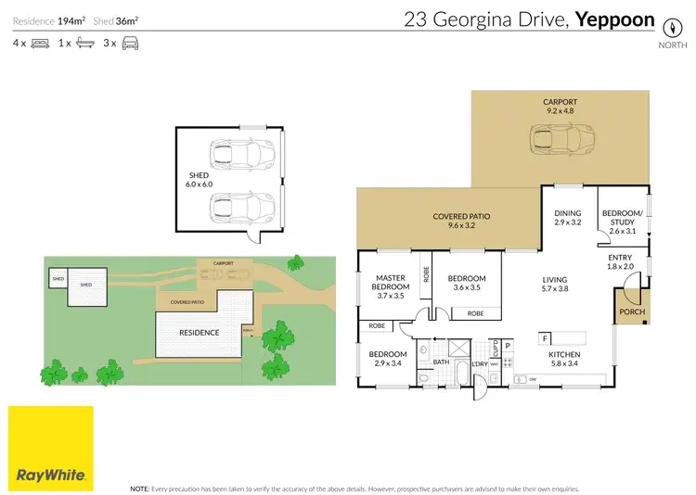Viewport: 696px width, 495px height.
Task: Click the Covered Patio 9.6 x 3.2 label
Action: pos(461,222)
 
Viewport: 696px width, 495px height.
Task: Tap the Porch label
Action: pos(631,312)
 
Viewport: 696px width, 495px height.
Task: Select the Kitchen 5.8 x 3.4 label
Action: pos(565,360)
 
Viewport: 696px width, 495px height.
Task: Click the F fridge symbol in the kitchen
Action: pos(545,337)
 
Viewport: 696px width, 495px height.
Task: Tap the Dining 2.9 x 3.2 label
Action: pos(568,218)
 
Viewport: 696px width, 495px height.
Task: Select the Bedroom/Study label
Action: pos(622,218)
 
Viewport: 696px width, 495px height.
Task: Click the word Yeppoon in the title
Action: pos(615,19)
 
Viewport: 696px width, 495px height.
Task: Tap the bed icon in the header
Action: pos(40,43)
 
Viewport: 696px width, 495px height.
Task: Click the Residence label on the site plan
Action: pos(199,332)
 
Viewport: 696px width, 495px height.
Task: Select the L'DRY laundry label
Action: pos(480,364)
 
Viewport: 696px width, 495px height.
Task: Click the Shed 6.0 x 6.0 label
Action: pos(199,179)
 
